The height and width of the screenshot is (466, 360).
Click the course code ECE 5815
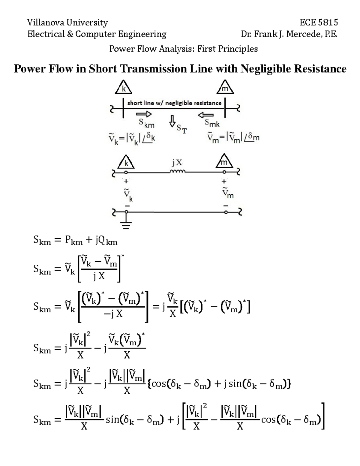tap(319, 23)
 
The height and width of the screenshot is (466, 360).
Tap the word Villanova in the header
tap(45, 23)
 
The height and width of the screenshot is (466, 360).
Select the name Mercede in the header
tap(303, 34)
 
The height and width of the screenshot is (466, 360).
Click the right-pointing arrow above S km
tap(144, 114)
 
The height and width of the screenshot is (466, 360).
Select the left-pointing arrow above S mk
tap(205, 115)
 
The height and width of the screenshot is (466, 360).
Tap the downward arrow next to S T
tap(172, 121)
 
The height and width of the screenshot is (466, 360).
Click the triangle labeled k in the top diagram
tap(123, 87)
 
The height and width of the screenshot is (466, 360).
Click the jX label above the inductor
tap(177, 163)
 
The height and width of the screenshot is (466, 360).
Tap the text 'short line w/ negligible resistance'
tap(174, 103)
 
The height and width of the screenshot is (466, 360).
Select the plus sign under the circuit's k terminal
tap(126, 181)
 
